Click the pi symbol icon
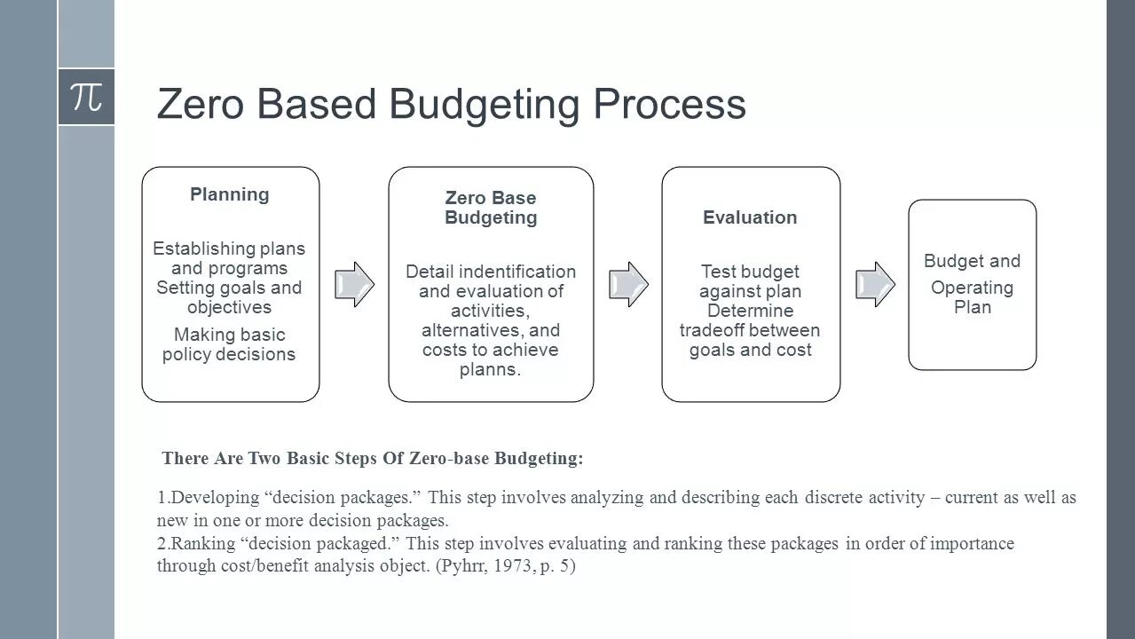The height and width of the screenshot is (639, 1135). pyautogui.click(x=86, y=97)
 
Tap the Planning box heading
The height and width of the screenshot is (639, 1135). pyautogui.click(x=229, y=194)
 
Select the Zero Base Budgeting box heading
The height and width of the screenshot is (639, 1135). pyautogui.click(x=491, y=208)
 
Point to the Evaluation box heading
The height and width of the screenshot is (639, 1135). pyautogui.click(x=750, y=217)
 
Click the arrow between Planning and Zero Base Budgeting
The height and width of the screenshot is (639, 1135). pyautogui.click(x=354, y=284)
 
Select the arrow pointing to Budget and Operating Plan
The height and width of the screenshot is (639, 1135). pyautogui.click(x=875, y=284)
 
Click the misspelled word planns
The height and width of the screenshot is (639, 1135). pyautogui.click(x=490, y=369)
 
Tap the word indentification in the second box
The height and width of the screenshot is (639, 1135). pyautogui.click(x=517, y=272)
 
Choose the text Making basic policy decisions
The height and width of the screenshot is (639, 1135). pyautogui.click(x=229, y=344)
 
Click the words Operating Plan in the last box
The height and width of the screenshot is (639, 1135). pyautogui.click(x=972, y=297)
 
